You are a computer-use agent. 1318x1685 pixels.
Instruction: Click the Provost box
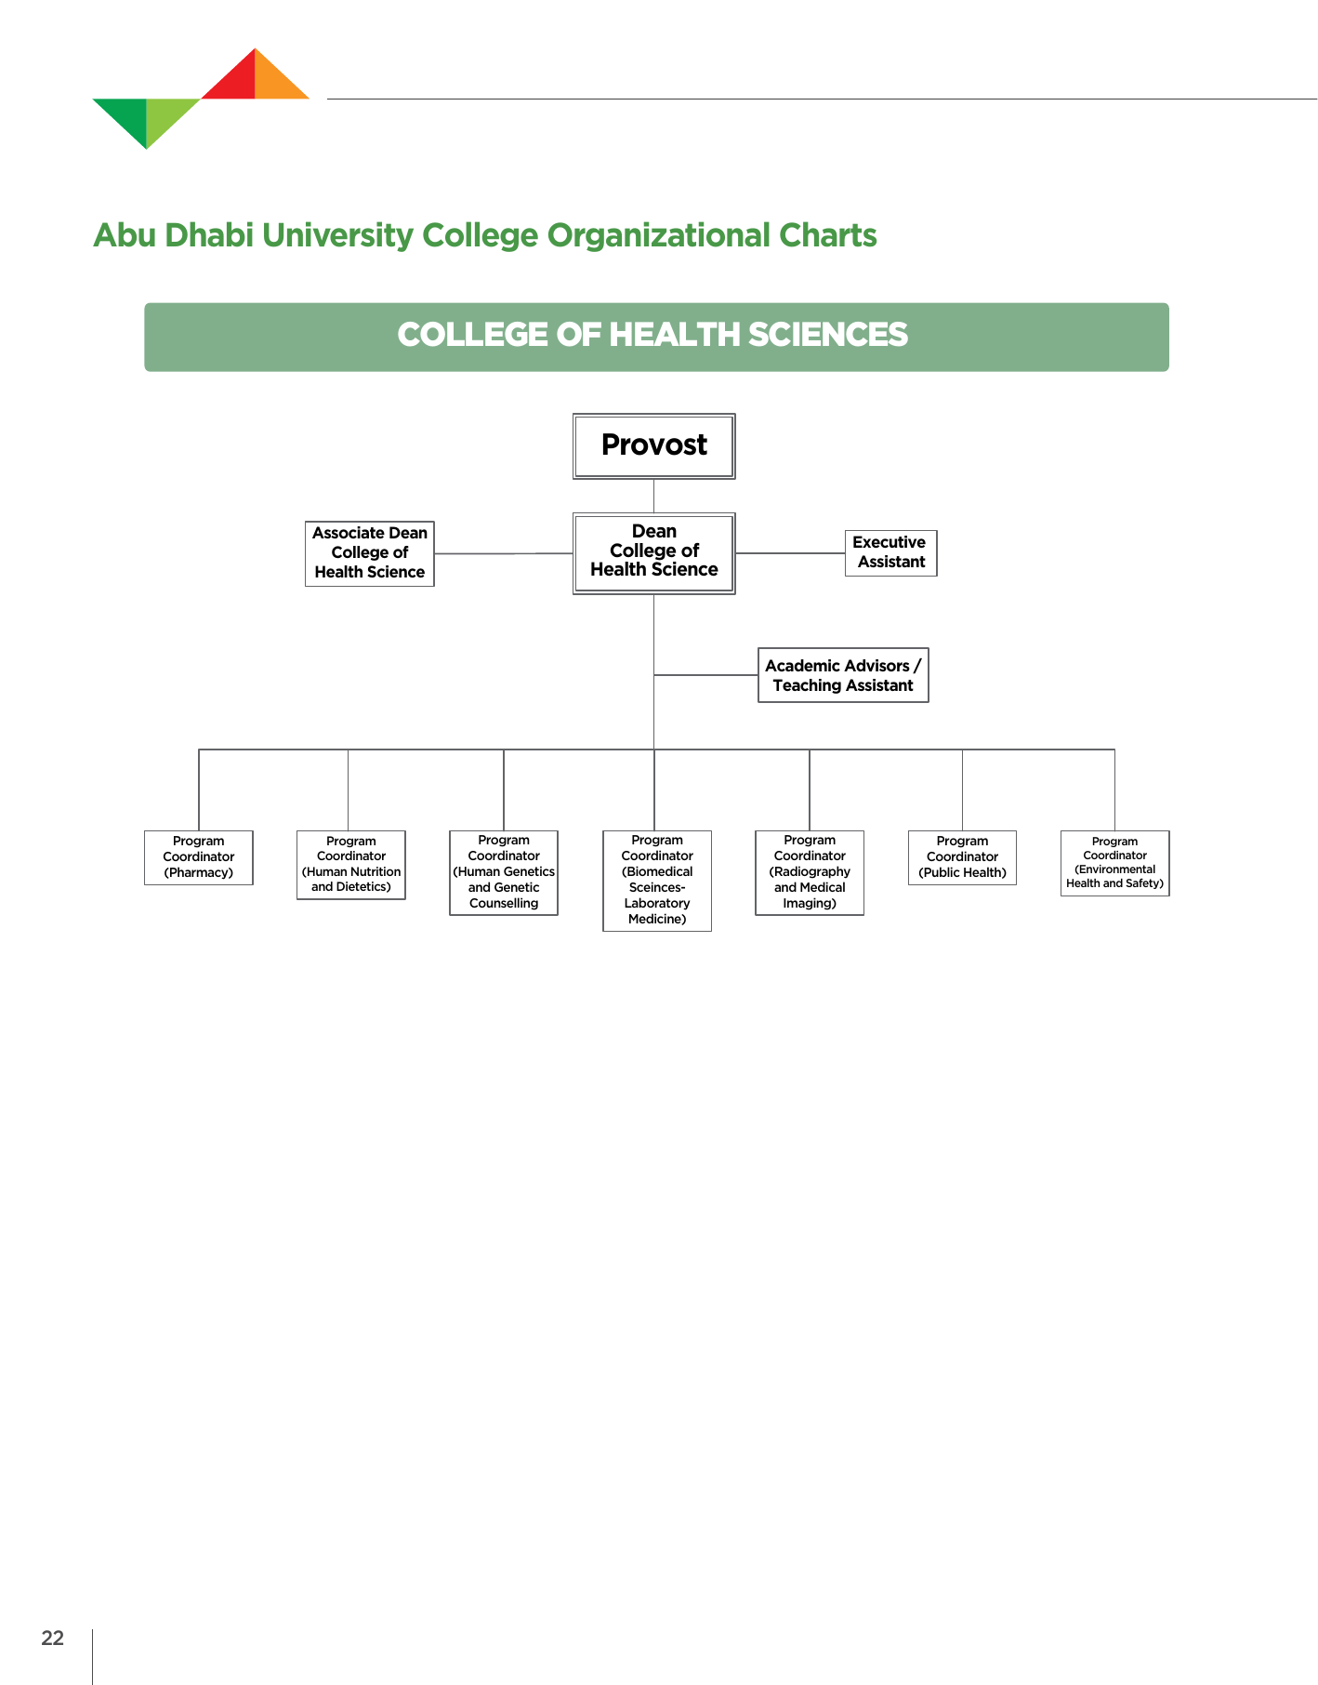coord(653,446)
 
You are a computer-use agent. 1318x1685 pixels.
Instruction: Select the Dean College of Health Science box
coord(653,552)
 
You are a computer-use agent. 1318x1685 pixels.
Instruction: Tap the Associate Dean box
coord(369,553)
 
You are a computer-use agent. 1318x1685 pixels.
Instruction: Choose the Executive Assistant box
coord(890,552)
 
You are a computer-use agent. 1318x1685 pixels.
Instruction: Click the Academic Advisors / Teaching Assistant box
coord(842,675)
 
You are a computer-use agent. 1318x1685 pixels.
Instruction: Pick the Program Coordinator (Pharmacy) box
coord(198,857)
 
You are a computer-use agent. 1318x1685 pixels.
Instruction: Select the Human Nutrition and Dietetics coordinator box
coord(350,865)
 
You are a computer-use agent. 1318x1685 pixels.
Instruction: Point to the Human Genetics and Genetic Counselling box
coord(503,872)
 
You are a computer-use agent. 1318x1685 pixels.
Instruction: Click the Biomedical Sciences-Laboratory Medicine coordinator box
coord(656,880)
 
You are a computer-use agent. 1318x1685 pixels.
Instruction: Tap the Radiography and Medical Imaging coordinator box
coord(809,872)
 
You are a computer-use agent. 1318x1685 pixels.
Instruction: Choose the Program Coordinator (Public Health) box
coord(961,857)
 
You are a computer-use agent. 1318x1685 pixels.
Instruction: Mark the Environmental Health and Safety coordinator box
coord(1114,863)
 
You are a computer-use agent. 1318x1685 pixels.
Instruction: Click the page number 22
coord(53,1639)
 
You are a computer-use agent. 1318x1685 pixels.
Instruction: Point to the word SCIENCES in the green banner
coord(827,336)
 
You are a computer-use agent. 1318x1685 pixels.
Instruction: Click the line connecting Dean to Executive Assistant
coord(790,553)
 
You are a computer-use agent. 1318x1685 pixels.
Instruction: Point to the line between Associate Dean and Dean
coord(503,553)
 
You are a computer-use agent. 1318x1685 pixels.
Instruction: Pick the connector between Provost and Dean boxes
coord(653,496)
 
